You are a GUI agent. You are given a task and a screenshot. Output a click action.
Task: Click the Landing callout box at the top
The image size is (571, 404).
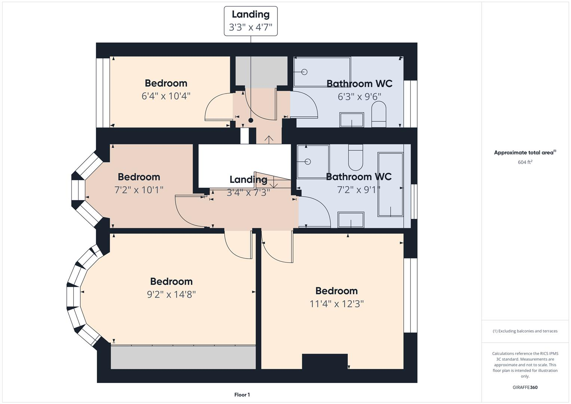pos(251,21)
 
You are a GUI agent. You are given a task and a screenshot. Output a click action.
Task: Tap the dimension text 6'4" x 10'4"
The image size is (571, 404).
pos(166,96)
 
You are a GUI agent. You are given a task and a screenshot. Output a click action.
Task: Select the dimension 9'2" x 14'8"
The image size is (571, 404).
pos(171,294)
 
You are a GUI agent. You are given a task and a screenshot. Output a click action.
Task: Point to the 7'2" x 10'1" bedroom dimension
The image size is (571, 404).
pos(139,190)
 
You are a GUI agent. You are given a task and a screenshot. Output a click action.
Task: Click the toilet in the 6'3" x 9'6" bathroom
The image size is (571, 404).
pos(378,115)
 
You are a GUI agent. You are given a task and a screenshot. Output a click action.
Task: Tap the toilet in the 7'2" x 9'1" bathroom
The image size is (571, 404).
pos(355,157)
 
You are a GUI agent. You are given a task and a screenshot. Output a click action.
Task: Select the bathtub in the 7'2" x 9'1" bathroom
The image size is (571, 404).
pos(390,184)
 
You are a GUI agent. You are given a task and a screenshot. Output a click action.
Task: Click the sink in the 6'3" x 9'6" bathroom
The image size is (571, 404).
pos(351,120)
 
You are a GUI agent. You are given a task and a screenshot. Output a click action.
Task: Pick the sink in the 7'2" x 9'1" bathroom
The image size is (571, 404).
pos(351,220)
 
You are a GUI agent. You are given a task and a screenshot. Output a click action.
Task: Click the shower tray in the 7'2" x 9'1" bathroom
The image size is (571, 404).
pos(313,162)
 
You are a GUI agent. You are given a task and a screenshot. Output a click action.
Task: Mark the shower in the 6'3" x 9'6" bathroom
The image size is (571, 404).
pos(322,71)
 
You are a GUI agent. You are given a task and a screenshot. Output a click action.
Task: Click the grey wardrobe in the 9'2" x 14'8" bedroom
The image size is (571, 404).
pos(183,357)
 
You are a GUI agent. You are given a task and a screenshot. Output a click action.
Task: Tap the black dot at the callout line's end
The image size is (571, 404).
pos(251,120)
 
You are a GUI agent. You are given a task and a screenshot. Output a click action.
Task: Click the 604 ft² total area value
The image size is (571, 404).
pos(525,162)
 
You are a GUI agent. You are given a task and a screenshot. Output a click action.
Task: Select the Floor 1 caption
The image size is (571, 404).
pos(242,395)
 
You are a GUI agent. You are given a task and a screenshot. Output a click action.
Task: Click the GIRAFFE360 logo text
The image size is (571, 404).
pos(525,387)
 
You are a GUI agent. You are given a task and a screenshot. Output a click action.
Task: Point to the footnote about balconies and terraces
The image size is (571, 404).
pos(525,331)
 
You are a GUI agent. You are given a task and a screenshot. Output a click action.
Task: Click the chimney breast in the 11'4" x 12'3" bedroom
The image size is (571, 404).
pos(325,361)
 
